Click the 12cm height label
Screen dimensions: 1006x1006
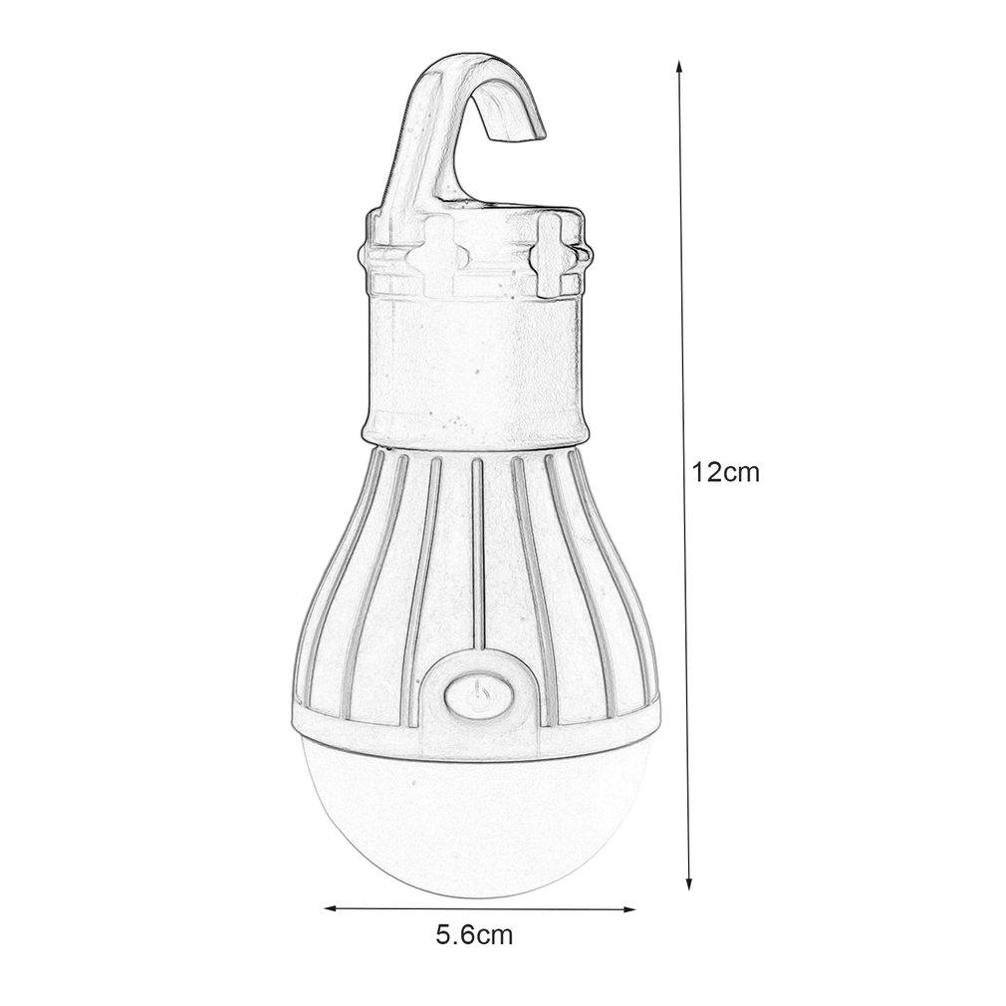(x=726, y=473)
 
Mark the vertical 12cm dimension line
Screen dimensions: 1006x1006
(x=684, y=299)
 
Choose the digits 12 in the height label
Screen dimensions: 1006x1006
(x=708, y=473)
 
